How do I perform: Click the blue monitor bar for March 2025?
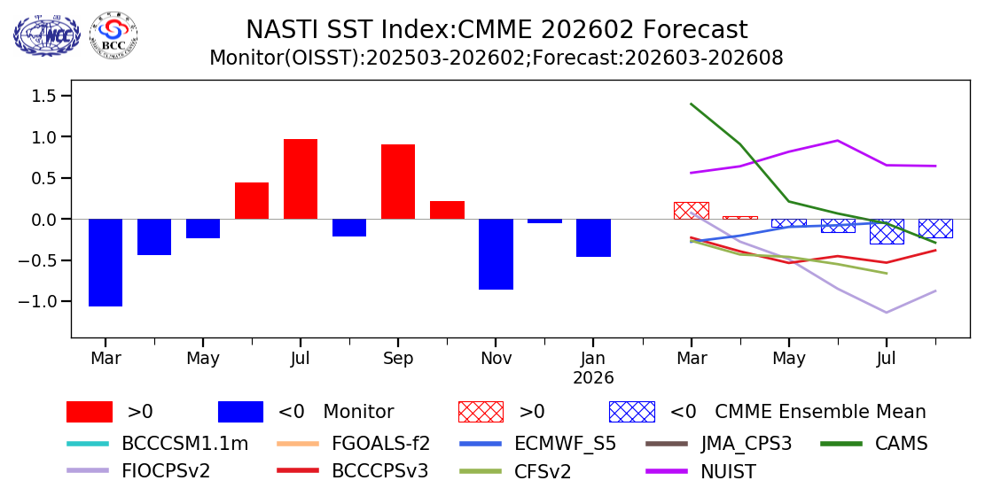[106, 262]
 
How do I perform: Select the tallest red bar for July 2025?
[301, 179]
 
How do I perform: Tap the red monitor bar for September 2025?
[398, 182]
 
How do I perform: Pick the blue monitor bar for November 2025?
[496, 254]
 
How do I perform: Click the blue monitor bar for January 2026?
[593, 237]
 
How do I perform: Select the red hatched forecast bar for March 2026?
[691, 211]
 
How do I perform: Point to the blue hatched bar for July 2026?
[887, 231]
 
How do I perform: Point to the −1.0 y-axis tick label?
[41, 301]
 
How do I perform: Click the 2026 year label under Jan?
[593, 378]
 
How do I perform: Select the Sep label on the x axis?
[398, 359]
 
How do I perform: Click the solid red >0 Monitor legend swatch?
[90, 412]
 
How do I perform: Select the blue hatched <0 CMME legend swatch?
[631, 412]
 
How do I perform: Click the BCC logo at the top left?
[113, 35]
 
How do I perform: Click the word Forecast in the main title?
[692, 30]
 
